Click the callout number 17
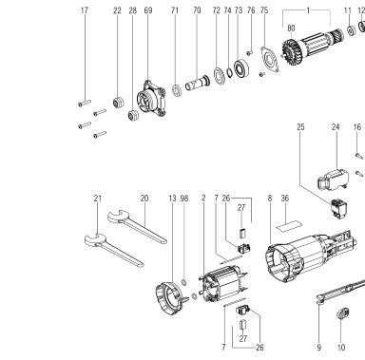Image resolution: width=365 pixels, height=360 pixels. pyautogui.click(x=84, y=10)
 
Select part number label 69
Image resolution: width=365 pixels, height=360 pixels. pyautogui.click(x=148, y=10)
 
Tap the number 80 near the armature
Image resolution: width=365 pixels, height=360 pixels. pyautogui.click(x=291, y=28)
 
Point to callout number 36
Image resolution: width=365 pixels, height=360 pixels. pyautogui.click(x=285, y=199)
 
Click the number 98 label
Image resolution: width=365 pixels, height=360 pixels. pyautogui.click(x=184, y=199)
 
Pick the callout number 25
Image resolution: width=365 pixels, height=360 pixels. pyautogui.click(x=300, y=127)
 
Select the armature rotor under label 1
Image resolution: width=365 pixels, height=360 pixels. pyautogui.click(x=313, y=46)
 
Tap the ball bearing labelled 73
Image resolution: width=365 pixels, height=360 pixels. pyautogui.click(x=241, y=67)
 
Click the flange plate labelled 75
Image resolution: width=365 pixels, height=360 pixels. pyautogui.click(x=270, y=61)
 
